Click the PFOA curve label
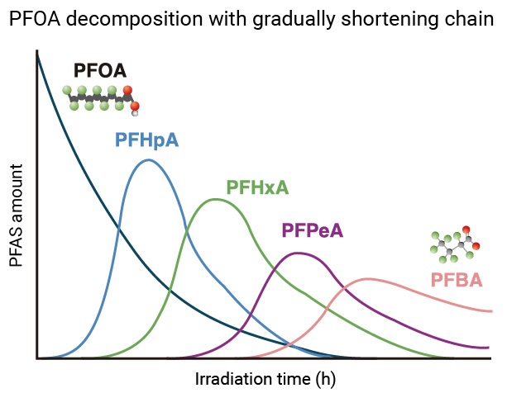click(100, 70)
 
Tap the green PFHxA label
click(257, 187)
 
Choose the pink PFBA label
click(456, 281)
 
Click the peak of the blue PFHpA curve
click(149, 160)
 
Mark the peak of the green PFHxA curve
click(217, 199)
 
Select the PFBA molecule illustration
click(454, 244)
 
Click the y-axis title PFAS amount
click(17, 215)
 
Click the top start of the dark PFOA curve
click(38, 54)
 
